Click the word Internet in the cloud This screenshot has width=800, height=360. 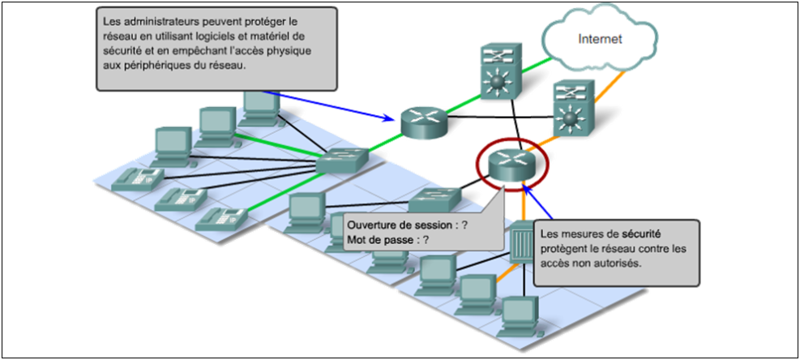point(600,38)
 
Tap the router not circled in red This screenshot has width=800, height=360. point(423,122)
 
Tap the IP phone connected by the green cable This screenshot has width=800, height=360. point(219,216)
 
